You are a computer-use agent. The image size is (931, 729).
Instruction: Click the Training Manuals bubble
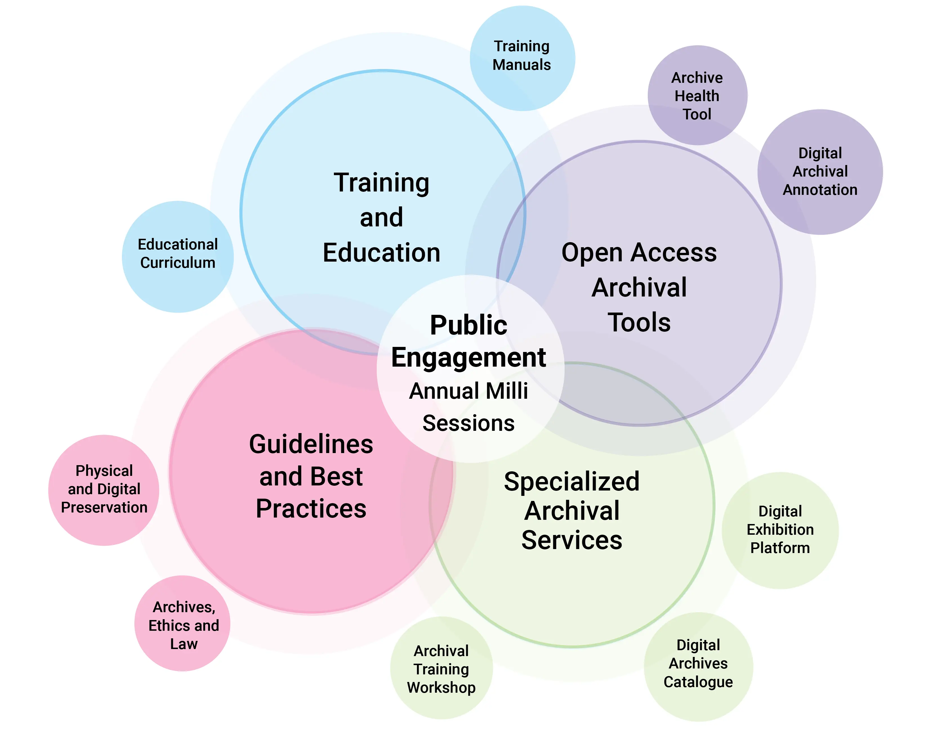click(522, 58)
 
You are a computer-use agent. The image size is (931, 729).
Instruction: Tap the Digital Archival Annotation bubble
click(820, 171)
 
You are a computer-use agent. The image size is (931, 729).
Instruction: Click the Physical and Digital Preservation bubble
click(104, 490)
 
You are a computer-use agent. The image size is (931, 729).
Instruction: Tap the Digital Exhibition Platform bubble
click(780, 530)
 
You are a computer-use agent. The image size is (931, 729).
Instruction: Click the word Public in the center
click(468, 325)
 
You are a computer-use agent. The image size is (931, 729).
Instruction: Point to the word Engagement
click(468, 358)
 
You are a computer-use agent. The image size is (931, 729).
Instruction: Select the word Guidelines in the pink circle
click(311, 444)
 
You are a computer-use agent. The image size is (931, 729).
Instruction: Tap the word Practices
click(311, 509)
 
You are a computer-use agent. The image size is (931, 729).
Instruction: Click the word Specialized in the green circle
click(572, 482)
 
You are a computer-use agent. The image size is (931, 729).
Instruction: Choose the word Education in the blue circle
click(381, 253)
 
